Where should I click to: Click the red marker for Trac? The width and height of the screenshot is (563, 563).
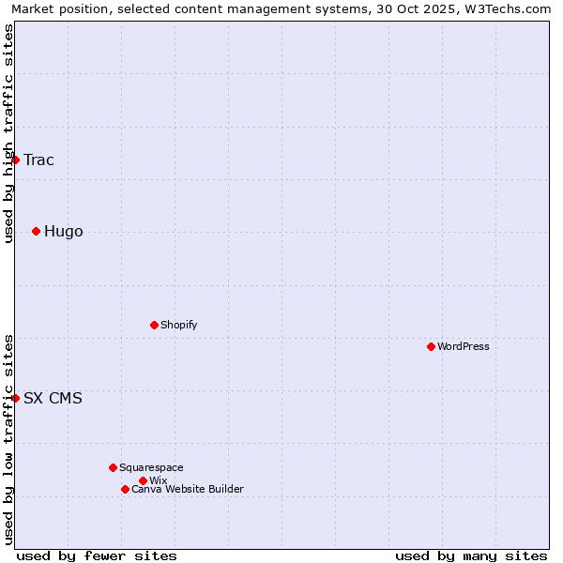(15, 160)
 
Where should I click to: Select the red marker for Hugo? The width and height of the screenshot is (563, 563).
(36, 231)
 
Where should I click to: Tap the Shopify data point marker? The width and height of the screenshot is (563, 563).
(154, 325)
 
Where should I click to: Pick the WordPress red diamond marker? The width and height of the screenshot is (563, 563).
(431, 346)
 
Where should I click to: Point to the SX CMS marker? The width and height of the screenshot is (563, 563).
(15, 398)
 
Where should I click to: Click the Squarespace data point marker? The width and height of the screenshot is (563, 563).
(113, 467)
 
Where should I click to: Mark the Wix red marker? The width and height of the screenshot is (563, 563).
(143, 480)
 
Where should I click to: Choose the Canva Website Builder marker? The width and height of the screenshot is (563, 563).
(125, 489)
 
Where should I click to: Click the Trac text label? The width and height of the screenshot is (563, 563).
(38, 160)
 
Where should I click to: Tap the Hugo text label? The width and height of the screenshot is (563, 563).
(63, 231)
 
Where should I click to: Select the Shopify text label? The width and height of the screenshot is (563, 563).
(178, 325)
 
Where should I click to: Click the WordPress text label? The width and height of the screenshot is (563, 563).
(464, 346)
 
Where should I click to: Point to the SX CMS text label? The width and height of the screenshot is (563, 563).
(53, 398)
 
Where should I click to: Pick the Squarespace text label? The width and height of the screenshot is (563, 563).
(151, 467)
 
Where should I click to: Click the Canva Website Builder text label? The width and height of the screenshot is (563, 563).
(188, 489)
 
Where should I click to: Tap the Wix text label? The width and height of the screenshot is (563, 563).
(158, 480)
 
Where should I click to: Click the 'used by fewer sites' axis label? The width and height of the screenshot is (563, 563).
(97, 555)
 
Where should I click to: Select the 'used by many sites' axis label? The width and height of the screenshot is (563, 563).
(471, 555)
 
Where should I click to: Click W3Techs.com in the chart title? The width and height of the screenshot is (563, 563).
(511, 9)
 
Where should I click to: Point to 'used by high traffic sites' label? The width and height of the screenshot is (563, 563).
(8, 132)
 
